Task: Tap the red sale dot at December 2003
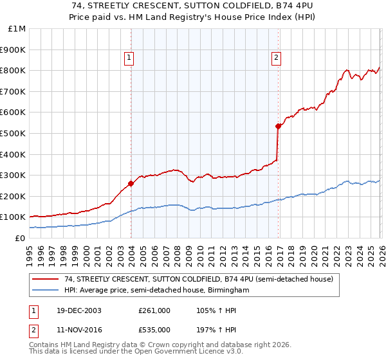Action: pos(131,183)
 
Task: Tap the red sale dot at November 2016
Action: pos(278,126)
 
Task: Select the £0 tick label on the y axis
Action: pos(20,238)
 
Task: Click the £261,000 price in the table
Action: pos(154,310)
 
